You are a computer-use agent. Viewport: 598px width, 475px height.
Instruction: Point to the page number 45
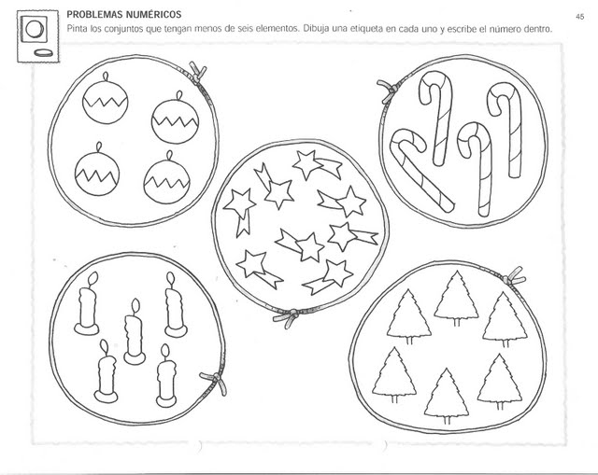(580, 17)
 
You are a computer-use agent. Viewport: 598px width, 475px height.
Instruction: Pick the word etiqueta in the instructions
(366, 29)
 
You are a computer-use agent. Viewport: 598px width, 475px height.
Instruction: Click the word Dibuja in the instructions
(316, 29)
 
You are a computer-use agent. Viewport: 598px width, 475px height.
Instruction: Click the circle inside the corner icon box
(36, 29)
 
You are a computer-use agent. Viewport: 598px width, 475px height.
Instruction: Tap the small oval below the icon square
(43, 52)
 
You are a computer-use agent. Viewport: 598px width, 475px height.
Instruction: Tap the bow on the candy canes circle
(390, 91)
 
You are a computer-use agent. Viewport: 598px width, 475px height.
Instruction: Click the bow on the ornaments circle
(197, 74)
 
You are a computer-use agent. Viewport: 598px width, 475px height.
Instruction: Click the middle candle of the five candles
(135, 332)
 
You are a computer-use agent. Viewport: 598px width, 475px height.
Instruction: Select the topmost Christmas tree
(456, 299)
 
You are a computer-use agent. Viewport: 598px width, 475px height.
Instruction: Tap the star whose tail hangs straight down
(240, 211)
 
